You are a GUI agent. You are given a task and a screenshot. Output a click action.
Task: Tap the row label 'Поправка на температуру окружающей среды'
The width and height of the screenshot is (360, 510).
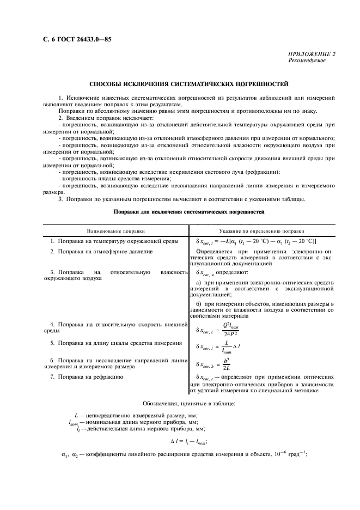coord(115,240)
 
